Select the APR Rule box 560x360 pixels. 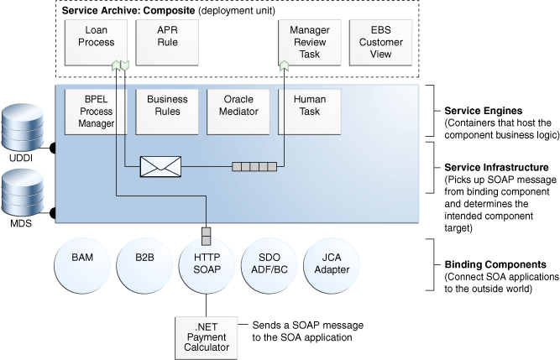coord(167,41)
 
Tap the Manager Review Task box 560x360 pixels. coord(309,41)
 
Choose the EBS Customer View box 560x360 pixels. coord(380,41)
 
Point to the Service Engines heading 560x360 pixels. coord(482,110)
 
